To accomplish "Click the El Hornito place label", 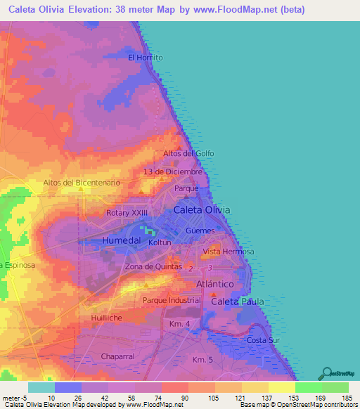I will pyautogui.click(x=146, y=58).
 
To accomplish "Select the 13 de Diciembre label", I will pyautogui.click(x=172, y=171).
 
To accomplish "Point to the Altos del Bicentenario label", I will pyautogui.click(x=82, y=183).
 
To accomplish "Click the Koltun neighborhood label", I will pyautogui.click(x=160, y=242).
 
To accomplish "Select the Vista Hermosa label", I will pyautogui.click(x=228, y=252).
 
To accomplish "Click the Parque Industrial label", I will pyautogui.click(x=172, y=301).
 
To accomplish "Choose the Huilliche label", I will pyautogui.click(x=108, y=318).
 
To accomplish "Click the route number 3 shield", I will pyautogui.click(x=210, y=268).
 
